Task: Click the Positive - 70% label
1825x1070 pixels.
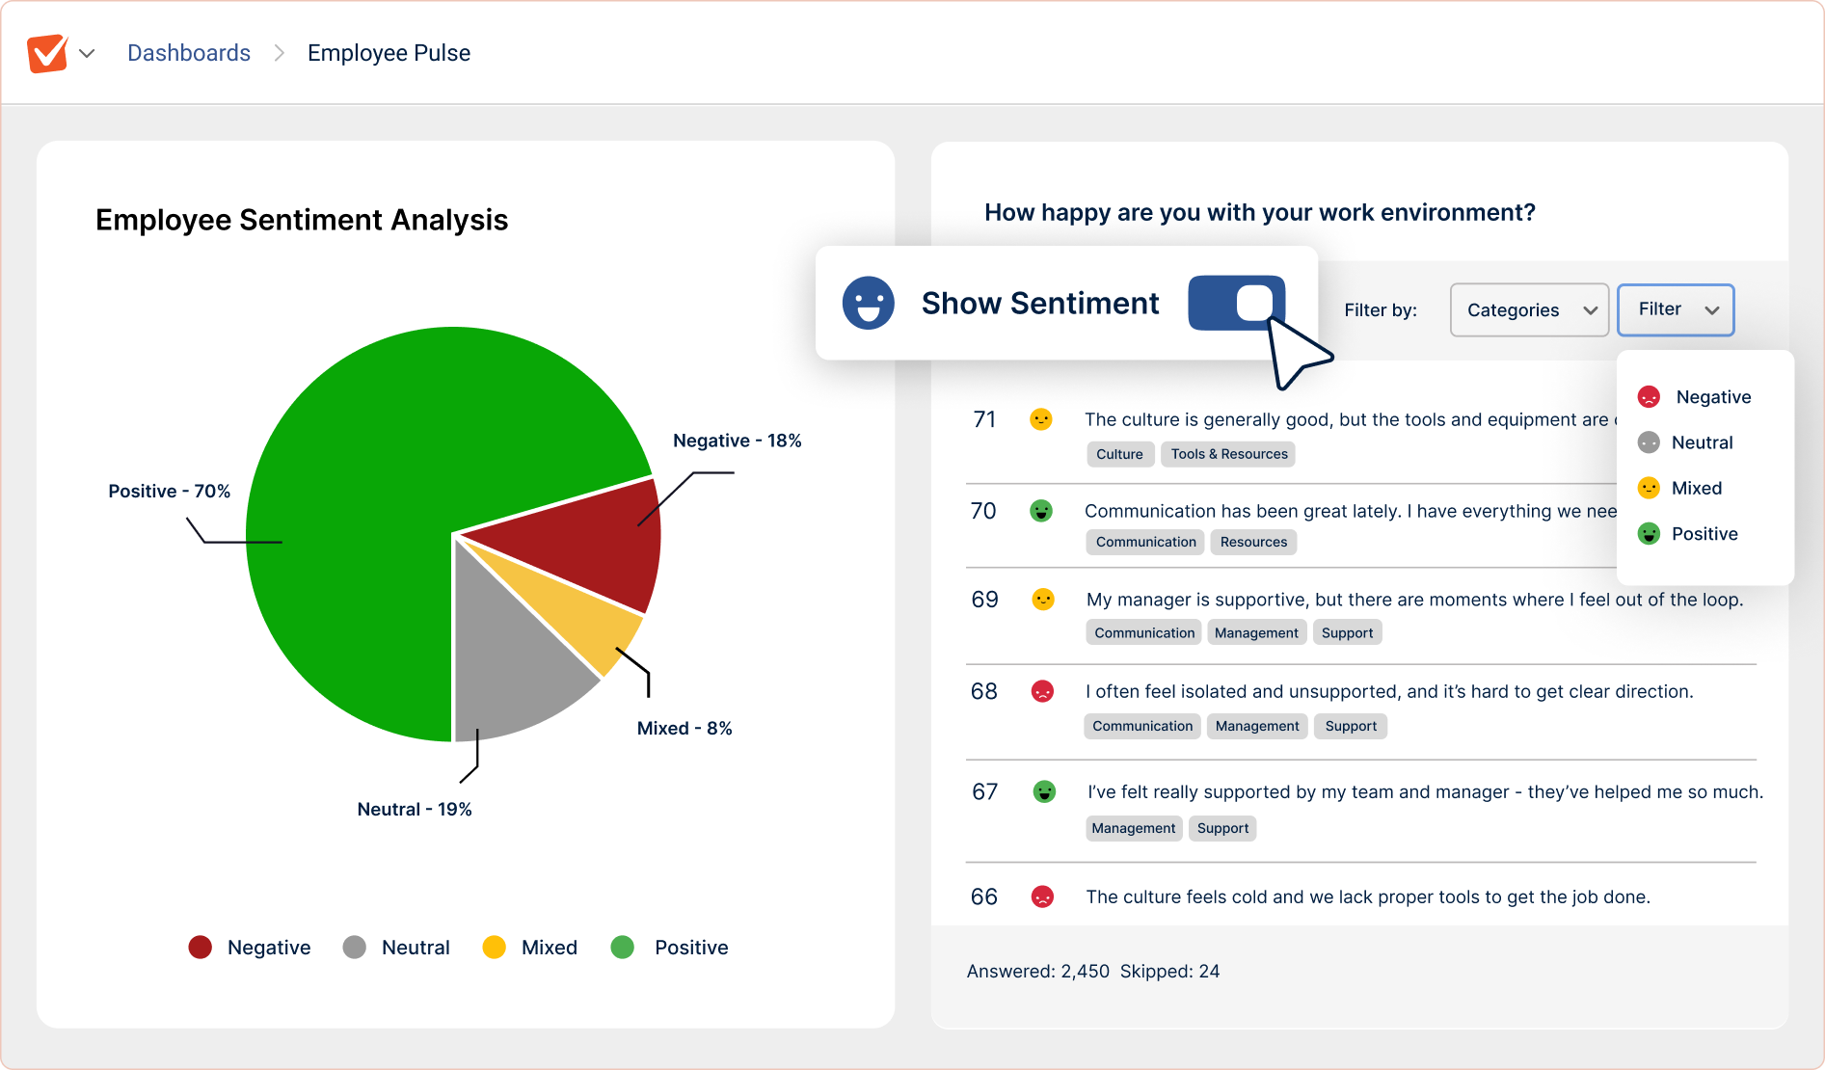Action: (170, 491)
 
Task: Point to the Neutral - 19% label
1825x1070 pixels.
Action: (415, 809)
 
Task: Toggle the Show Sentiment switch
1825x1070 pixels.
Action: (1237, 303)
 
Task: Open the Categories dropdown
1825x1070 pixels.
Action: (1529, 309)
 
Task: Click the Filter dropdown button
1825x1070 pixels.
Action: (1676, 309)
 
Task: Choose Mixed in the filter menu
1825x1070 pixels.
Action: (1695, 488)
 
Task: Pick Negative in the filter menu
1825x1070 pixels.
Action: (1711, 397)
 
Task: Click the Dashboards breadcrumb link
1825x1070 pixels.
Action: (189, 53)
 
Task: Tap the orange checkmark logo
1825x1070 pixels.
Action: (47, 53)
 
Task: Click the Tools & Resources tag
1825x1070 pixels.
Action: (1228, 454)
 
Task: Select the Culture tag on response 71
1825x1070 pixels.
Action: (1119, 454)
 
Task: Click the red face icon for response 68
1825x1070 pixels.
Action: (1042, 691)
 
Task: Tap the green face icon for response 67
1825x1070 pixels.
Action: (1044, 791)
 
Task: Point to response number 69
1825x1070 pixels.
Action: (984, 600)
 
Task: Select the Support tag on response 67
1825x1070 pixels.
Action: (1222, 828)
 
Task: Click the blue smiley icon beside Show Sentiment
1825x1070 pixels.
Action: (868, 303)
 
